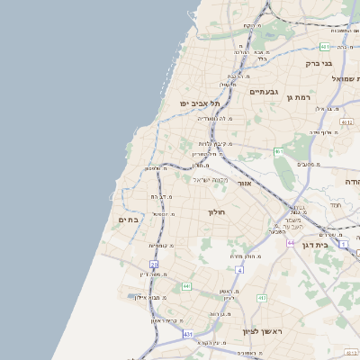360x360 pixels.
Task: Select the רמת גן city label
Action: (x=297, y=97)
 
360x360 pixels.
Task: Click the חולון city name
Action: (x=215, y=212)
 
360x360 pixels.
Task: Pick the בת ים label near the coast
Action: (x=127, y=219)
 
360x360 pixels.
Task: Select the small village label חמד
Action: (x=335, y=206)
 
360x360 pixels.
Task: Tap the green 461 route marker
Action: (x=279, y=151)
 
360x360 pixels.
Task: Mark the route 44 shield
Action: (x=291, y=243)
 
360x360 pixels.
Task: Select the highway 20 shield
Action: (x=155, y=265)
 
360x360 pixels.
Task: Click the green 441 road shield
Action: (x=186, y=286)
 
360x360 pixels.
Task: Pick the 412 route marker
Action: (x=262, y=298)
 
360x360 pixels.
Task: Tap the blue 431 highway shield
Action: (x=187, y=334)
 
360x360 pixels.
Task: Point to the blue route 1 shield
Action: (x=343, y=244)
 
